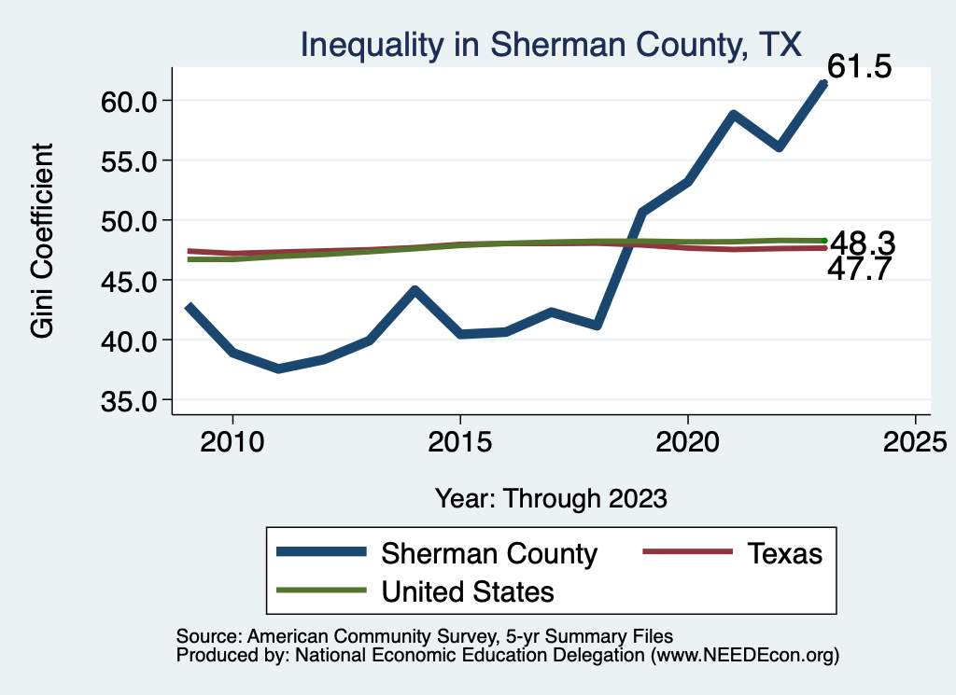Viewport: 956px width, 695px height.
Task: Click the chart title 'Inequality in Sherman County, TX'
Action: pos(550,44)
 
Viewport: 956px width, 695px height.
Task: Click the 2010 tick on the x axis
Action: pos(232,440)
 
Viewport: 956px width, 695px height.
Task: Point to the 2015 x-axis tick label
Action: pos(459,440)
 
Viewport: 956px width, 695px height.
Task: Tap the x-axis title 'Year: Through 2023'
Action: pos(551,498)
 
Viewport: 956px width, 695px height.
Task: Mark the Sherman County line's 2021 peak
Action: pos(734,115)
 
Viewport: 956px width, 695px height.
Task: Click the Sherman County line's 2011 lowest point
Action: pos(278,369)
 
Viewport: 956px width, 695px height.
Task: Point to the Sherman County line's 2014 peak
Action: pos(415,290)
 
